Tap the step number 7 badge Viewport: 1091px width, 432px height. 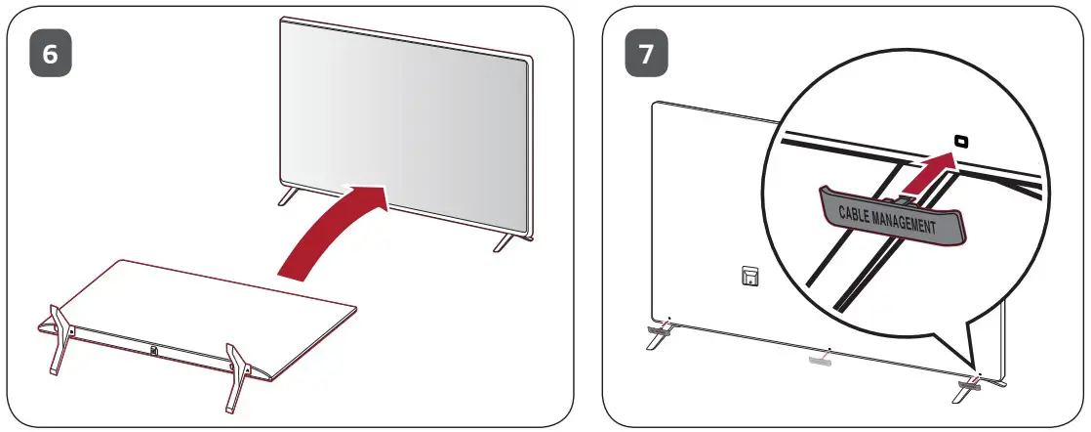646,54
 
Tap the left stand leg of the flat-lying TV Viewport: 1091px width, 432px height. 56,337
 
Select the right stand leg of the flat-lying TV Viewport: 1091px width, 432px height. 237,374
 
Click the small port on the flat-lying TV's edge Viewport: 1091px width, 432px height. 154,349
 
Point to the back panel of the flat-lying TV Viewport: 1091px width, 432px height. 195,303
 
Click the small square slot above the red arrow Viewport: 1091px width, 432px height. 961,142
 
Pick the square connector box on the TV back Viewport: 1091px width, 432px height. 748,280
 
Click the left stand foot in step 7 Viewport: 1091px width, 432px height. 657,337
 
